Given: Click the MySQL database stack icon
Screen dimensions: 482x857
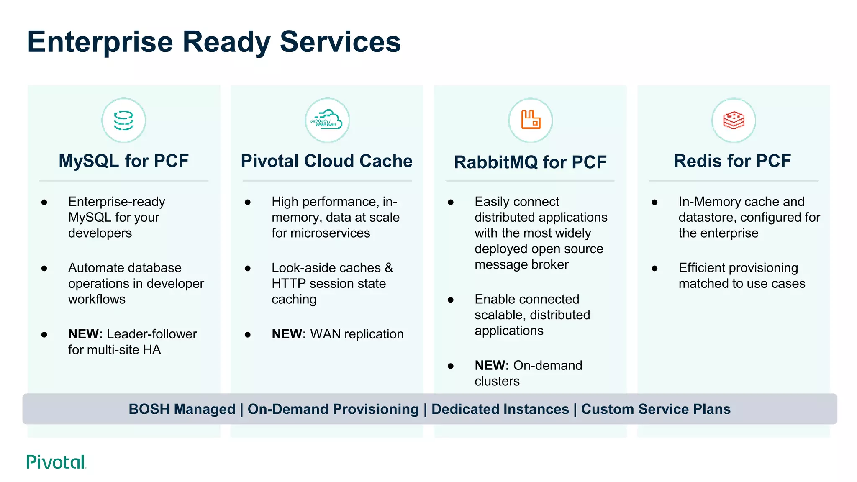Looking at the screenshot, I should click(124, 120).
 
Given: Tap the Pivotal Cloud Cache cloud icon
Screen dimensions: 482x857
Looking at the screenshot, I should click(327, 120).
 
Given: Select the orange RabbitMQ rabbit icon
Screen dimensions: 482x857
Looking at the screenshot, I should click(531, 120).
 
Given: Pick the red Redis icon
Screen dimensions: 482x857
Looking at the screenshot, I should click(734, 120).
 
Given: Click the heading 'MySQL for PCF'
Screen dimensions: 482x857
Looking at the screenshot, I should click(124, 161).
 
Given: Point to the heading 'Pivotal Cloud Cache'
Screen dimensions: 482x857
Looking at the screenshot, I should click(327, 161).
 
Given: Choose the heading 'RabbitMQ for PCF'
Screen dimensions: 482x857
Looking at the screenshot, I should click(530, 162).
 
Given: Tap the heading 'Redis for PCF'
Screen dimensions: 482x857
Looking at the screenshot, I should click(732, 161).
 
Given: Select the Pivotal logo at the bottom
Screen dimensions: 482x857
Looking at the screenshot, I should click(56, 462).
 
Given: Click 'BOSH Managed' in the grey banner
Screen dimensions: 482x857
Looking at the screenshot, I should click(182, 409).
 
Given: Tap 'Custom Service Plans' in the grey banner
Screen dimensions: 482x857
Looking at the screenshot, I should click(656, 409).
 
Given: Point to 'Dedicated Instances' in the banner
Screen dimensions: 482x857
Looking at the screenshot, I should click(500, 409).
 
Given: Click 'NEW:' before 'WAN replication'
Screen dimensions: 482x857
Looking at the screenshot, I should click(289, 334).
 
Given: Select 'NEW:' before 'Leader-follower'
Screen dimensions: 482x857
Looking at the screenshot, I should click(85, 334).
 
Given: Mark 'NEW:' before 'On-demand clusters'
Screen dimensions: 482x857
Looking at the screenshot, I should click(492, 365).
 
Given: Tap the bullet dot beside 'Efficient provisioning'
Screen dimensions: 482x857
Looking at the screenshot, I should click(654, 268).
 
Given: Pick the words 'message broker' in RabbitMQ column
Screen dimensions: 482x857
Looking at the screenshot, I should click(521, 265).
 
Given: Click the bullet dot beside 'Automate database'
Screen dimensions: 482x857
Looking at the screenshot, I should click(44, 268).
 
